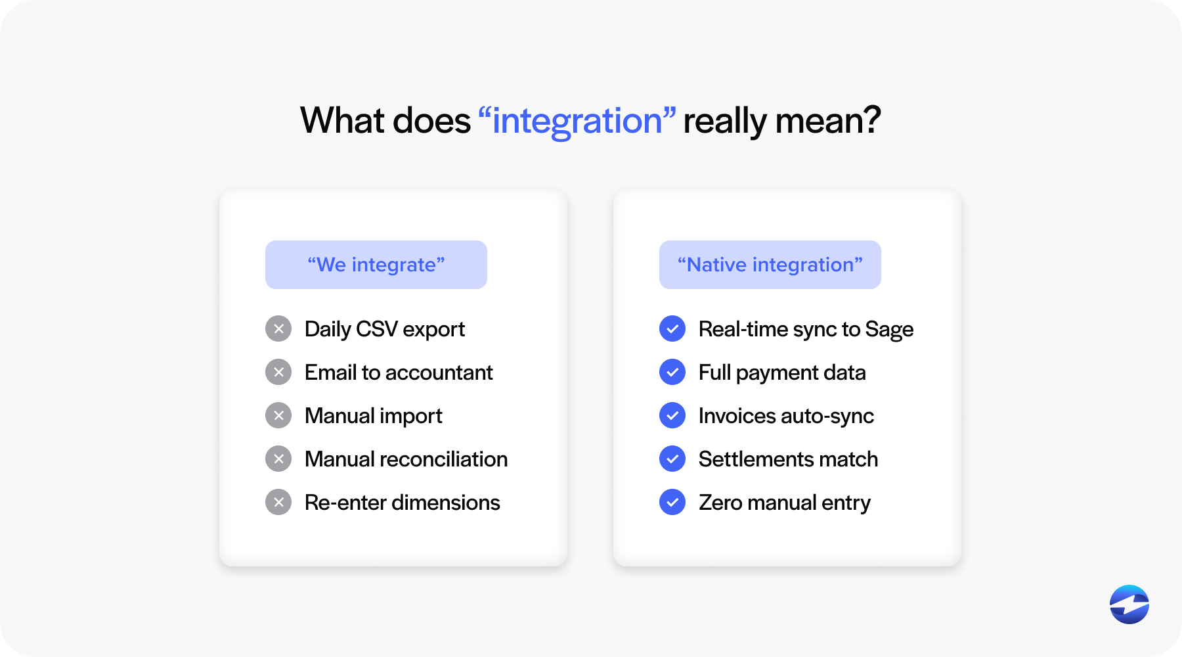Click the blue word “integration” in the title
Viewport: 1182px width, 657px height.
click(577, 122)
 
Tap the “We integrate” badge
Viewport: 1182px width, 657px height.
click(376, 265)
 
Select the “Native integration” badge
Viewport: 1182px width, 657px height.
click(770, 265)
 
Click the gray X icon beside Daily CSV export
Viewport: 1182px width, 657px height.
click(278, 328)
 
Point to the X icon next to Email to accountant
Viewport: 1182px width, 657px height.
click(278, 372)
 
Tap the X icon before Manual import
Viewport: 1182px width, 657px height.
click(278, 415)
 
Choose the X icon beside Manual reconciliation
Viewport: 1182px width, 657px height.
click(278, 459)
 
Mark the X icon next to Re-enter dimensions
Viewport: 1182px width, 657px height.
click(278, 502)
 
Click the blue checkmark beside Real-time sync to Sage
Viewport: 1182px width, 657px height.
click(672, 328)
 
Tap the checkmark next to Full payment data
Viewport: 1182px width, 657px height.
click(672, 372)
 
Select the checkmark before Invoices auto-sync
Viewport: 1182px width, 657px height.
click(672, 415)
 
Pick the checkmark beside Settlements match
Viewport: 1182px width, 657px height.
click(672, 459)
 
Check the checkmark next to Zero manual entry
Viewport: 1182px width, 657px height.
click(672, 502)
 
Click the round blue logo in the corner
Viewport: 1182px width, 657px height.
click(1129, 604)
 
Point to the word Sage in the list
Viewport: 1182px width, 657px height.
click(889, 330)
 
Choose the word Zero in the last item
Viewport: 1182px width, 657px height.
click(720, 503)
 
